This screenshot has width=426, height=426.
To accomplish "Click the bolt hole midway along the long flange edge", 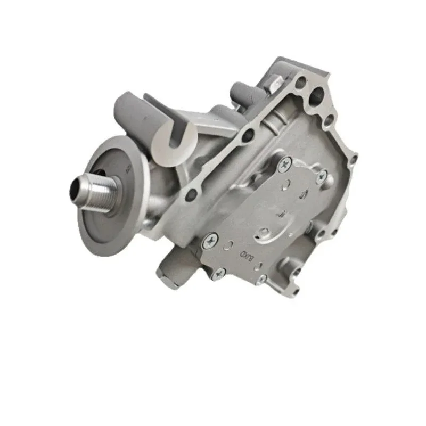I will [247, 135].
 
